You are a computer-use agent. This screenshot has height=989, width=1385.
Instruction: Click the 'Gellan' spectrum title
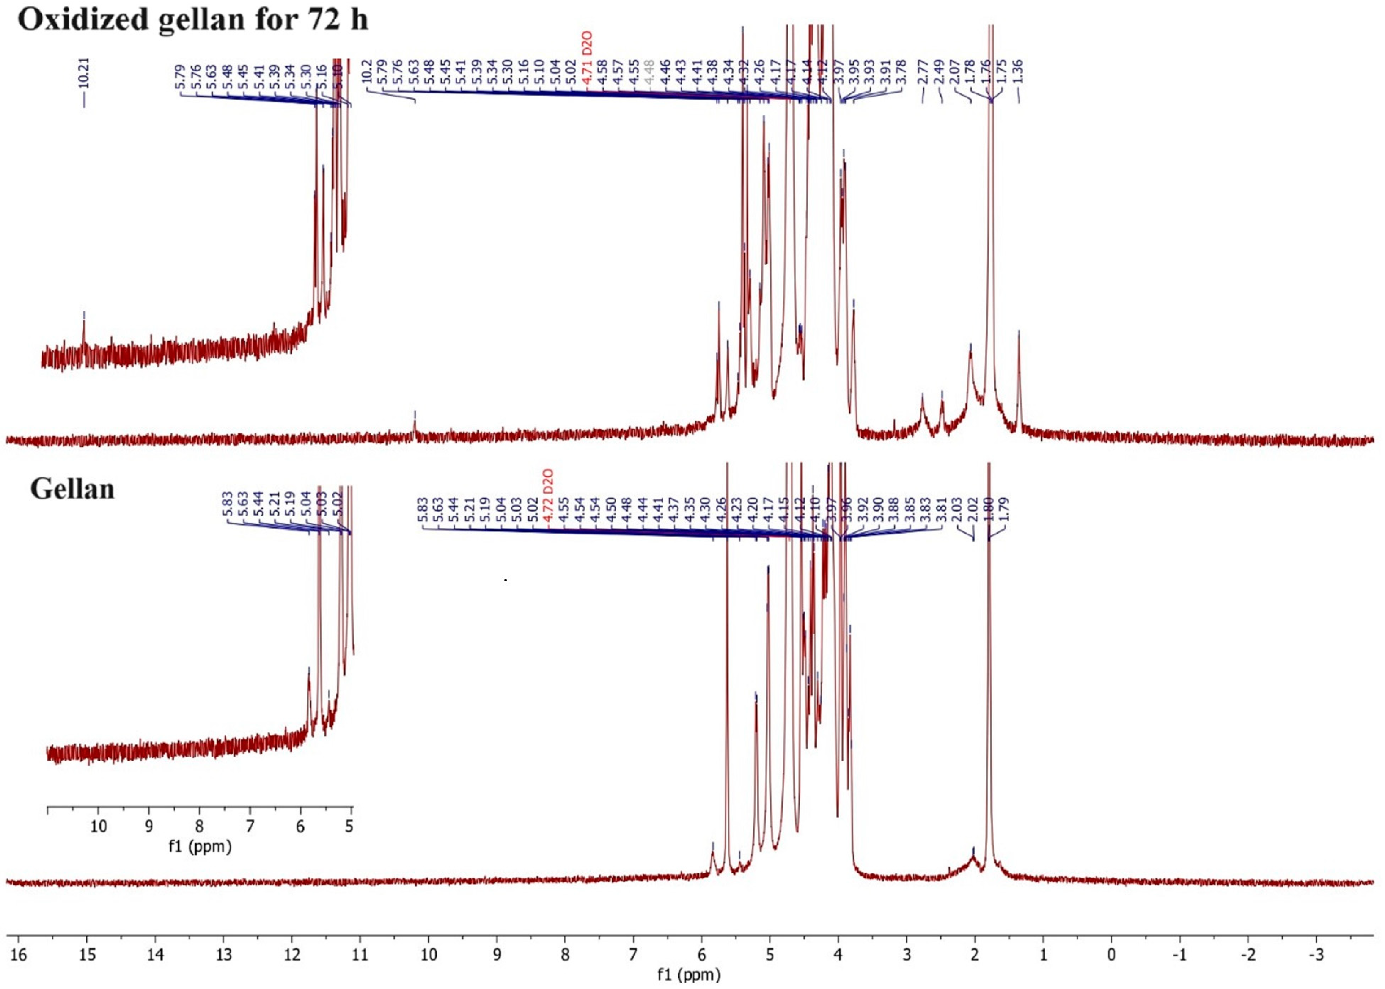72,489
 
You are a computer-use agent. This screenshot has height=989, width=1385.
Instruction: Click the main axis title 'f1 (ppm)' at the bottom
689,975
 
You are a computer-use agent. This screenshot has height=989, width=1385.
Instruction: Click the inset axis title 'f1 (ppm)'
200,846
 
